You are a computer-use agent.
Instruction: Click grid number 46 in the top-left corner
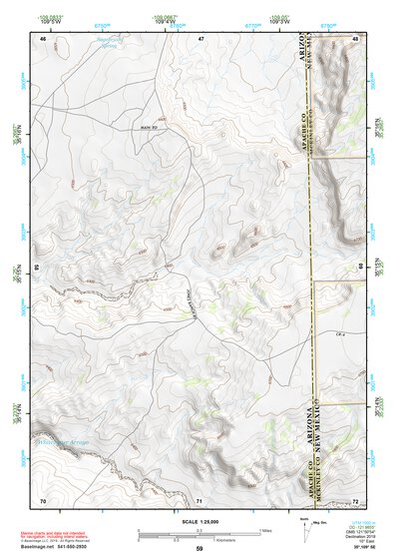pos(43,38)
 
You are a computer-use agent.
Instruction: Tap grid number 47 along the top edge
pos(199,38)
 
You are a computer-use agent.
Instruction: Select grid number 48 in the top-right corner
pos(356,38)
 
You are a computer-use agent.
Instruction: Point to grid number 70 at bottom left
pos(43,499)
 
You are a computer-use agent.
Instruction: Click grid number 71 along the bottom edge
pos(199,499)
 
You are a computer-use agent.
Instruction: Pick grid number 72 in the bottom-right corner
pos(356,499)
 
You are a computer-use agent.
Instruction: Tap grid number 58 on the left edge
pos(38,268)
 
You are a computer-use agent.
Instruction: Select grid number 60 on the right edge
pos(360,268)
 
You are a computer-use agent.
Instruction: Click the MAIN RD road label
pos(149,128)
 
